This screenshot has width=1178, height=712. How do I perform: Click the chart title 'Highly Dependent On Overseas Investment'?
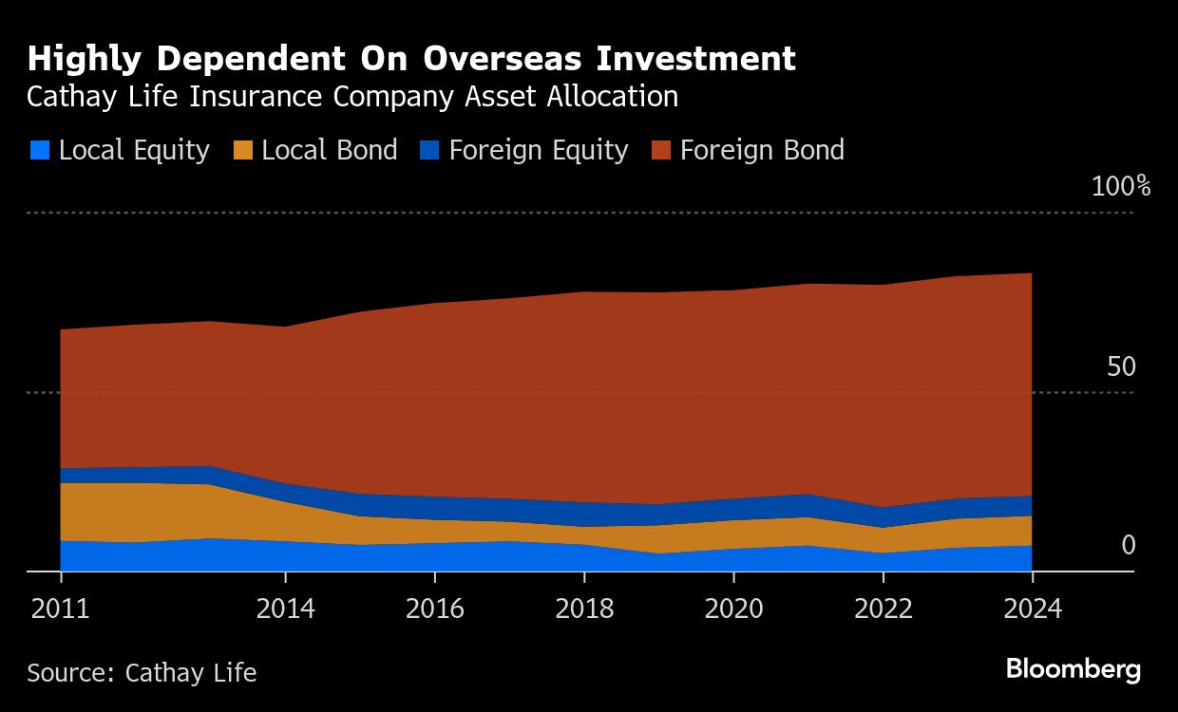(411, 59)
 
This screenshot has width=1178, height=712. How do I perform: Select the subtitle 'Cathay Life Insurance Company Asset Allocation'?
(352, 97)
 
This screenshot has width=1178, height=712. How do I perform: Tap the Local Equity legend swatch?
(40, 150)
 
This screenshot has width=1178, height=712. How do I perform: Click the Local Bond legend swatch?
(243, 150)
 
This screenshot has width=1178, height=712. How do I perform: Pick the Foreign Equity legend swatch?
(429, 150)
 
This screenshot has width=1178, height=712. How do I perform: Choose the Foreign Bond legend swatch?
(661, 150)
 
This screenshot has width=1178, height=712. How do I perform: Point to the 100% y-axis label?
(1121, 186)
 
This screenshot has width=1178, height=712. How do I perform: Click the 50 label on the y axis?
(1121, 366)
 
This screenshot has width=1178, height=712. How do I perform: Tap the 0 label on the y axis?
(1129, 545)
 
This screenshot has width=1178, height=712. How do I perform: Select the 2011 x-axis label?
(60, 609)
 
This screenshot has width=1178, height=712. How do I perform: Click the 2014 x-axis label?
(285, 609)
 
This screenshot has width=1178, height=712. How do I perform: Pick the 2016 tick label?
(435, 609)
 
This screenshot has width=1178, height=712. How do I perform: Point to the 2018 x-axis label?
(584, 609)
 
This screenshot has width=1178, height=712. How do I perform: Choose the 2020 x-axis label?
(733, 609)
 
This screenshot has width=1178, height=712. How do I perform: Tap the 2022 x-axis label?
(883, 609)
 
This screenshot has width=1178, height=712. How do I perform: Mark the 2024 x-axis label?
(1033, 609)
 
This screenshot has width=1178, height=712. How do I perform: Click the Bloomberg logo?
(1073, 669)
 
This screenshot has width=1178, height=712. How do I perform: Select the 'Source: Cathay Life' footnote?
(142, 673)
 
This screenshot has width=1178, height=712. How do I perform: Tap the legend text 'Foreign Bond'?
(762, 150)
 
